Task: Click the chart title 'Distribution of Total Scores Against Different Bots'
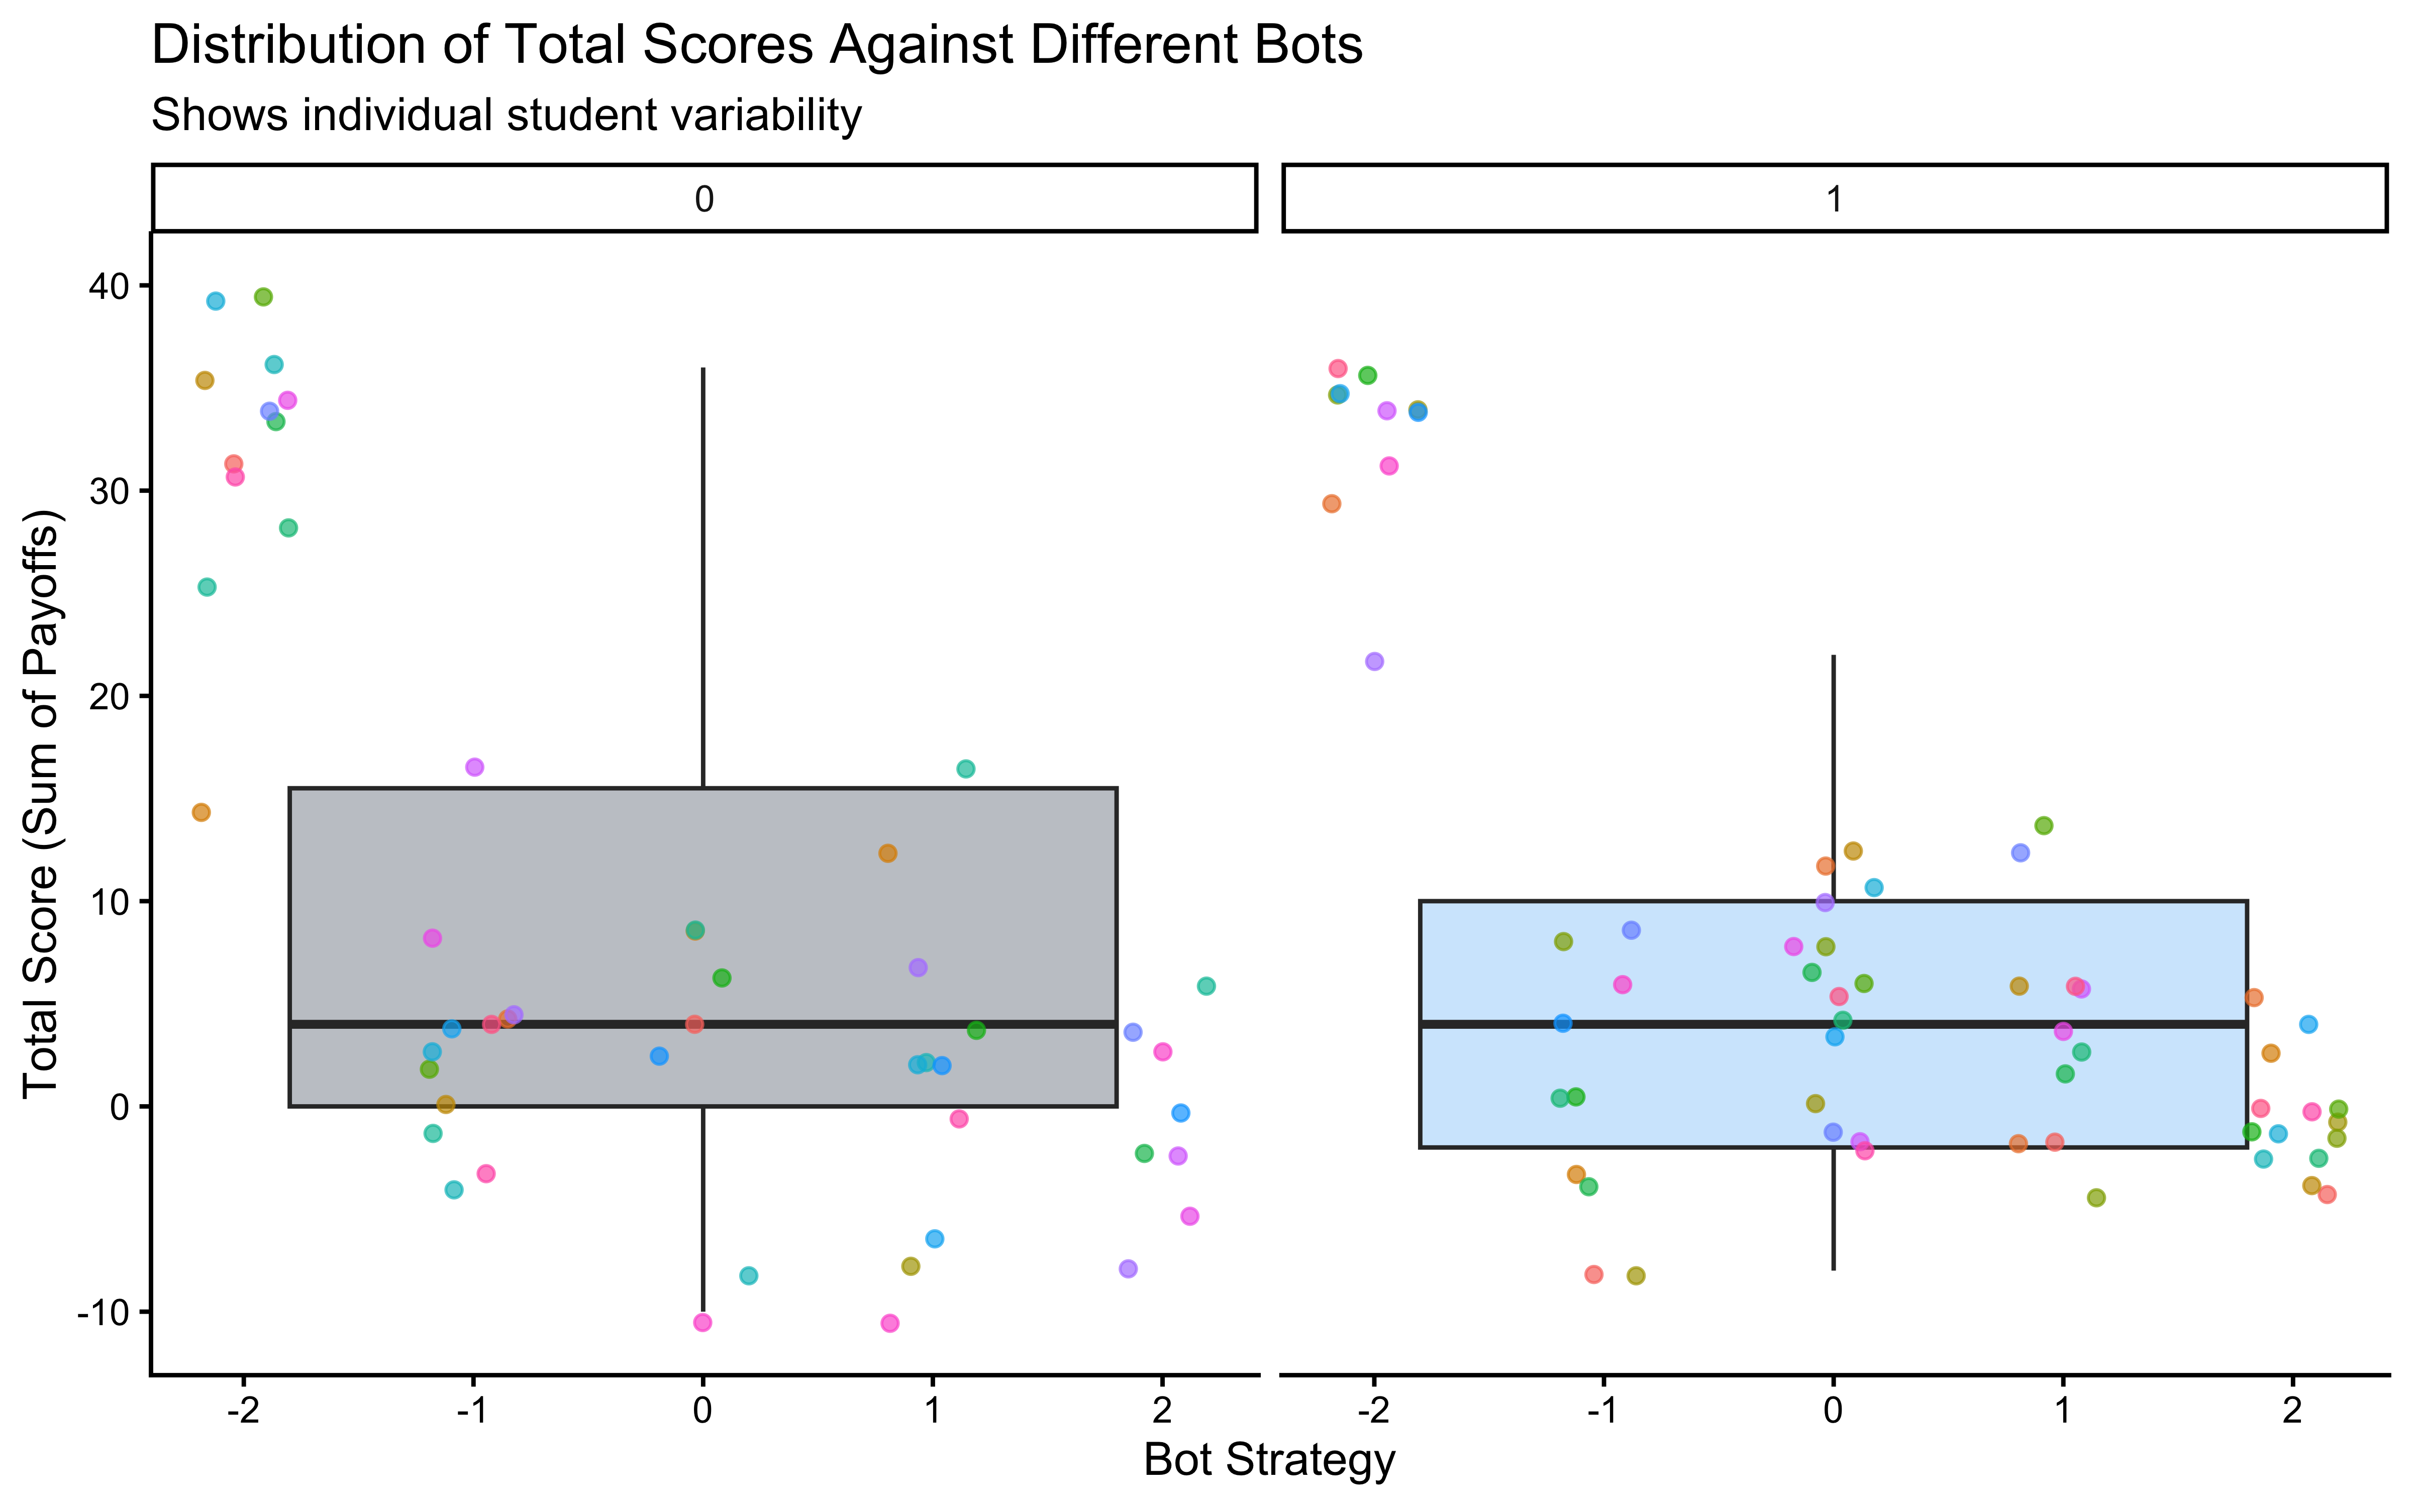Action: point(756,46)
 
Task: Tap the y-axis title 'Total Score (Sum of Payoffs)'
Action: point(44,803)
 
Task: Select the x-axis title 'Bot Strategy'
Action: point(1269,1460)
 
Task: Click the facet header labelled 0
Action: point(703,199)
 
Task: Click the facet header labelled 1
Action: point(1834,199)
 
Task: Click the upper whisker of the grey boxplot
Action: point(703,578)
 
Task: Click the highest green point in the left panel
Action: point(263,297)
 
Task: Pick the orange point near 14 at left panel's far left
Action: point(202,812)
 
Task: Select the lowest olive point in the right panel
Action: point(1636,1276)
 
